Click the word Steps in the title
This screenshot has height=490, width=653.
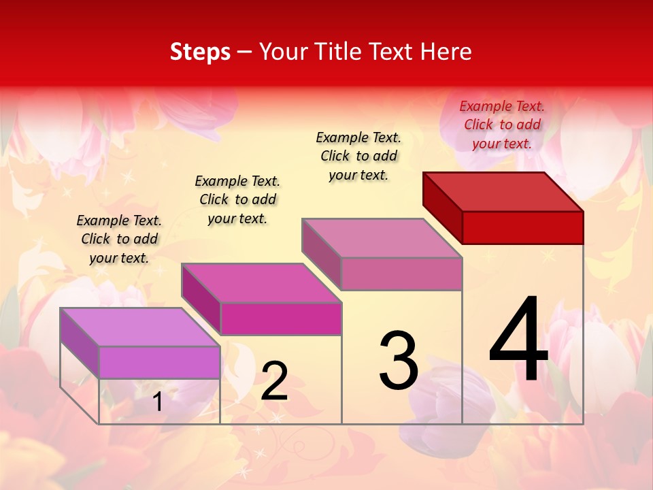coord(200,52)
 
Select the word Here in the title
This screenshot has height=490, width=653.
coord(446,52)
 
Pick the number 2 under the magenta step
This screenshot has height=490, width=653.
coord(274,381)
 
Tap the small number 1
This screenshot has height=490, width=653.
coord(158,402)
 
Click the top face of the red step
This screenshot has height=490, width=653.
coord(503,192)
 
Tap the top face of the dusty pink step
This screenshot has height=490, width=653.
coord(382,238)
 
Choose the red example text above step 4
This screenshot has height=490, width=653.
coord(502,125)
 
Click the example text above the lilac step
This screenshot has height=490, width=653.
coord(119,239)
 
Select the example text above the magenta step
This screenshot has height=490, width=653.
coord(237,199)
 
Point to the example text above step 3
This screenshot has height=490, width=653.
coord(358,156)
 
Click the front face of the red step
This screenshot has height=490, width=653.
coord(522,227)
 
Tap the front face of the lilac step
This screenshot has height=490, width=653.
coord(159,362)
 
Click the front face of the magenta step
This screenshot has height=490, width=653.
coord(280,318)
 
